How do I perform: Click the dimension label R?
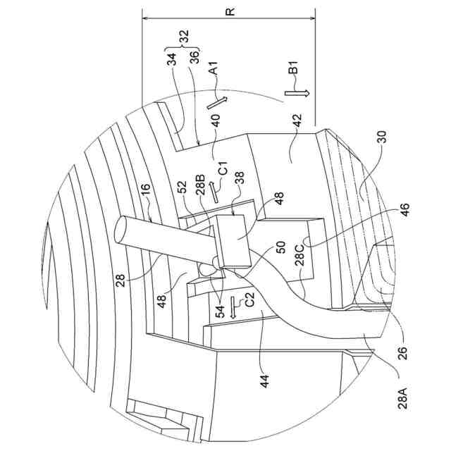(230, 13)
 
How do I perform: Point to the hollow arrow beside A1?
(218, 100)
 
